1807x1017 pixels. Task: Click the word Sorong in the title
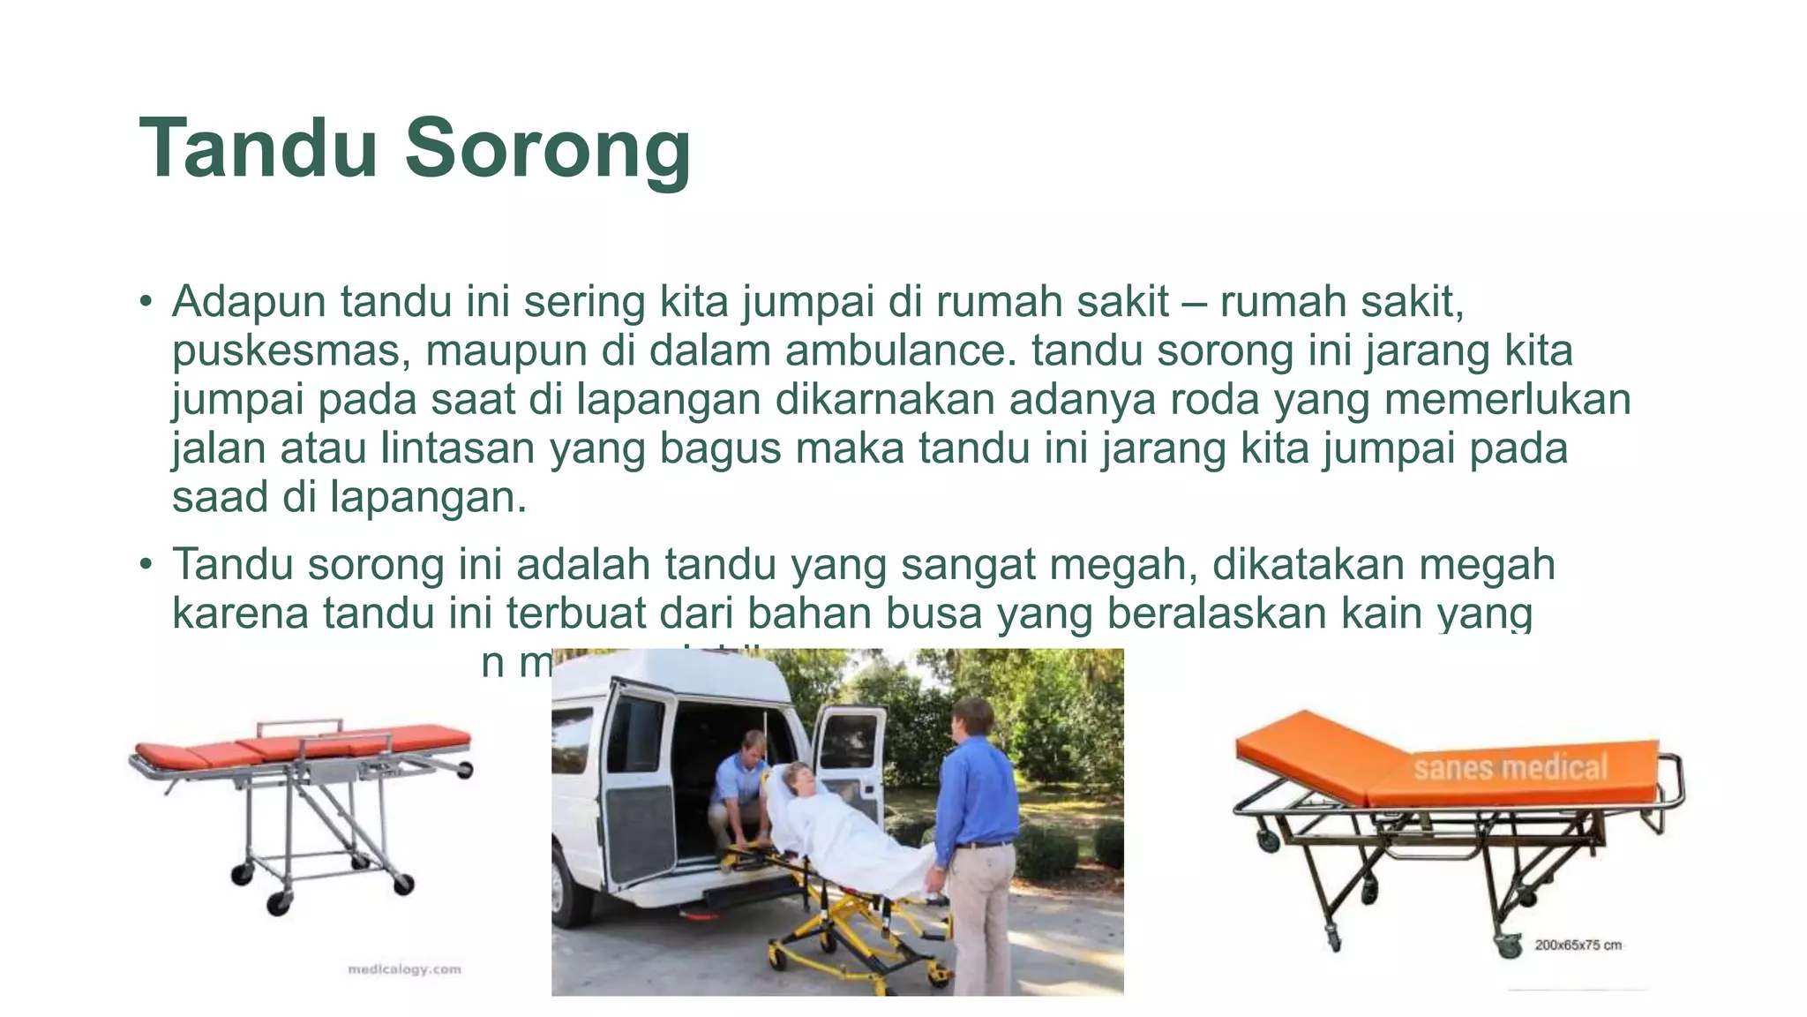tap(547, 150)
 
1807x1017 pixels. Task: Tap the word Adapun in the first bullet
tap(250, 303)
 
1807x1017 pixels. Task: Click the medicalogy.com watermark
tap(404, 969)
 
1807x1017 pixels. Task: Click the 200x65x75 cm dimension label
tap(1578, 945)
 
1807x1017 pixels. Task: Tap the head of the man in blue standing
tap(972, 719)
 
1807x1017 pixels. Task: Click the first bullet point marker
tap(146, 303)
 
